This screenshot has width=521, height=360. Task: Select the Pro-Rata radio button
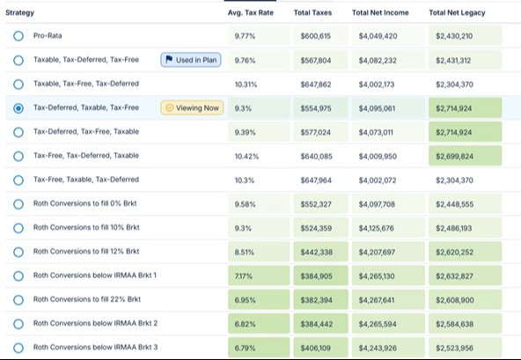point(18,36)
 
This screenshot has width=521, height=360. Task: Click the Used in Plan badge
point(191,60)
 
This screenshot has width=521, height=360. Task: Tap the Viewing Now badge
point(192,107)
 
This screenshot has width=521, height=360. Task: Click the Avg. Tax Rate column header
point(251,12)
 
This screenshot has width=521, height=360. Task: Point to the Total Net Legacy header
point(457,12)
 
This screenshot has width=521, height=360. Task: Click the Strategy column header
point(19,12)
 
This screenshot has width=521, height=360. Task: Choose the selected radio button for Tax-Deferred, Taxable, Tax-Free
point(18,108)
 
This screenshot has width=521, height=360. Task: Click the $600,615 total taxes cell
point(316,36)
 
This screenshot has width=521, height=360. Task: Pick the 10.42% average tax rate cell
point(246,156)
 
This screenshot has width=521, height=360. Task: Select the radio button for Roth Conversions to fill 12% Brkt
point(18,252)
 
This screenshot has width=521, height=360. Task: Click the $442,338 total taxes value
point(316,253)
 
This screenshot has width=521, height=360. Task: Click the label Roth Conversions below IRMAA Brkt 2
point(95,323)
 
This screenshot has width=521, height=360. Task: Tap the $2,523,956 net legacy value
point(454,348)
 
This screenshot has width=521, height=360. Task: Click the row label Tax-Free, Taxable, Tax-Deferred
point(86,180)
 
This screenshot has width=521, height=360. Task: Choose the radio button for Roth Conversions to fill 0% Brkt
point(18,204)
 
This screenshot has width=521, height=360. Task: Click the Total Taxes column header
point(312,12)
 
